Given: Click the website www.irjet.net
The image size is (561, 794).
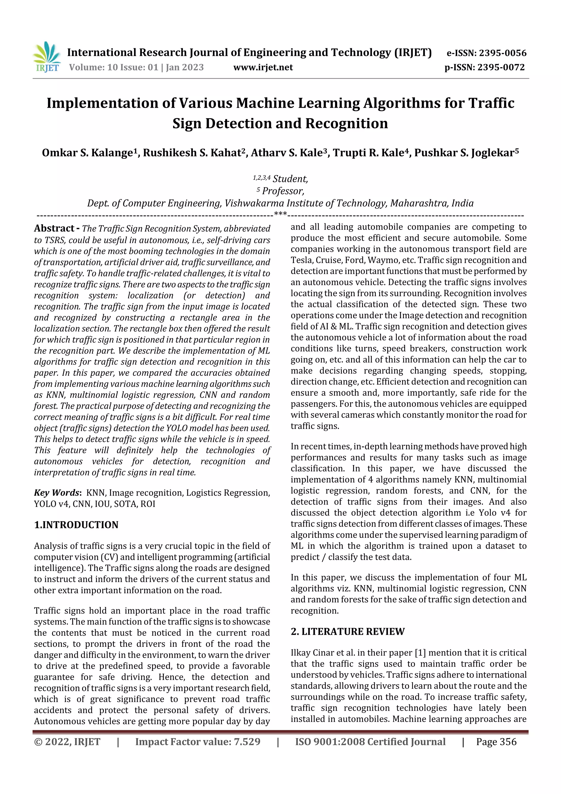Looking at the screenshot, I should [x=263, y=67].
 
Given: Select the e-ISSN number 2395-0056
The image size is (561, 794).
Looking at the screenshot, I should [x=502, y=53].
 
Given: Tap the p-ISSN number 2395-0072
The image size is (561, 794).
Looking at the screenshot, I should [x=501, y=67].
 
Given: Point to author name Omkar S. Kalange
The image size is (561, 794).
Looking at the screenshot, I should [x=87, y=153].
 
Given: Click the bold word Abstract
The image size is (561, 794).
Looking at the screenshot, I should [x=54, y=228].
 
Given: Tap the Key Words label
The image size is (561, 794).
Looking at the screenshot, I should [x=57, y=493].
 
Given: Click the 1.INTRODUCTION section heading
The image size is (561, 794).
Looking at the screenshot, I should [x=76, y=525].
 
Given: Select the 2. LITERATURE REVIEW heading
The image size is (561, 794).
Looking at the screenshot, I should [x=347, y=631].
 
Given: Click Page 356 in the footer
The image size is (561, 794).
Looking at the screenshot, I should [x=496, y=742].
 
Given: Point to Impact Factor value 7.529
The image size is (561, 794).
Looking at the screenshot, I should [x=198, y=742].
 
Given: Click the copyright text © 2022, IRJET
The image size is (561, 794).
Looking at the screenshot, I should [x=67, y=742].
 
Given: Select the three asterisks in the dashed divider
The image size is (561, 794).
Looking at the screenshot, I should [x=280, y=214].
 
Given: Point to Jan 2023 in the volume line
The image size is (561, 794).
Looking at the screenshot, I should [x=185, y=67].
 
